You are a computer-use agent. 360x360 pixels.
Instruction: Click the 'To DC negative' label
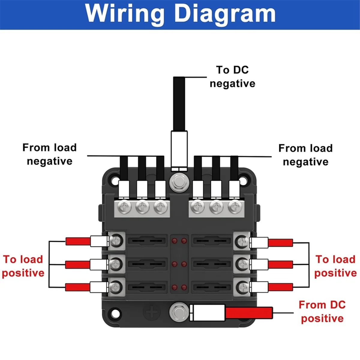tap(232, 77)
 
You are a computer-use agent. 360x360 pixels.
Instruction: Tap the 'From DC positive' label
tap(322, 312)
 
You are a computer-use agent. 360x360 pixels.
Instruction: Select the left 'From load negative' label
tap(49, 154)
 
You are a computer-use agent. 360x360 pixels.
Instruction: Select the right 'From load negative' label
tap(305, 155)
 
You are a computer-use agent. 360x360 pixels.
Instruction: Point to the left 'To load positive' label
tap(23, 266)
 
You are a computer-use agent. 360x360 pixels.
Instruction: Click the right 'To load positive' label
tap(335, 266)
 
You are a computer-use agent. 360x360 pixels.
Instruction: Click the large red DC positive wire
tap(249, 313)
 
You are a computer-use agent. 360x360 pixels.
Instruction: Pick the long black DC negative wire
tap(179, 103)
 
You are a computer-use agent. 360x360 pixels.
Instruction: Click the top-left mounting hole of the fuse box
tap(115, 181)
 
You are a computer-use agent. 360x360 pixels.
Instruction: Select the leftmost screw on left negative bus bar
tap(124, 207)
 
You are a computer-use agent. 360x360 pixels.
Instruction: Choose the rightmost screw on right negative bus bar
tap(235, 207)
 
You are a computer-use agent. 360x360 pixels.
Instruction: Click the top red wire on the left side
tap(78, 241)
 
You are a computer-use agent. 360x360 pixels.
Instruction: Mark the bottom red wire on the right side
tap(280, 287)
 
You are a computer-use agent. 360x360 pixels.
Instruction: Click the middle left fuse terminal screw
tap(115, 264)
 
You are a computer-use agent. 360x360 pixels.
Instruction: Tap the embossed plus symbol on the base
tap(152, 312)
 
